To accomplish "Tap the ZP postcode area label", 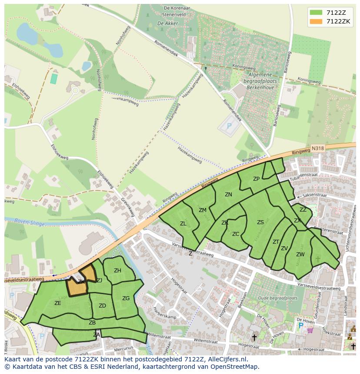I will click(256, 179).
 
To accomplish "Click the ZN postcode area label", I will click(228, 195).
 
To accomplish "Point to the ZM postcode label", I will click(203, 210).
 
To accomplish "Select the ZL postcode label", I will click(183, 224).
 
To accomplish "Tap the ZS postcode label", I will click(260, 222).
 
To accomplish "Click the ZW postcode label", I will click(300, 255).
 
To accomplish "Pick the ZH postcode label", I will click(117, 271).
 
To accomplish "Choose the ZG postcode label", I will click(126, 298).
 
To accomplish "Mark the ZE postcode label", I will click(58, 303).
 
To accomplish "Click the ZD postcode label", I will click(102, 306).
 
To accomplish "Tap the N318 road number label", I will click(318, 149).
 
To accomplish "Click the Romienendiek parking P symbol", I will click(229, 126).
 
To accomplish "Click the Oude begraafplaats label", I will click(277, 298).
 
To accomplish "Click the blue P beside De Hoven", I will click(300, 325).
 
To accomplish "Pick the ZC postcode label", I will click(236, 234).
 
